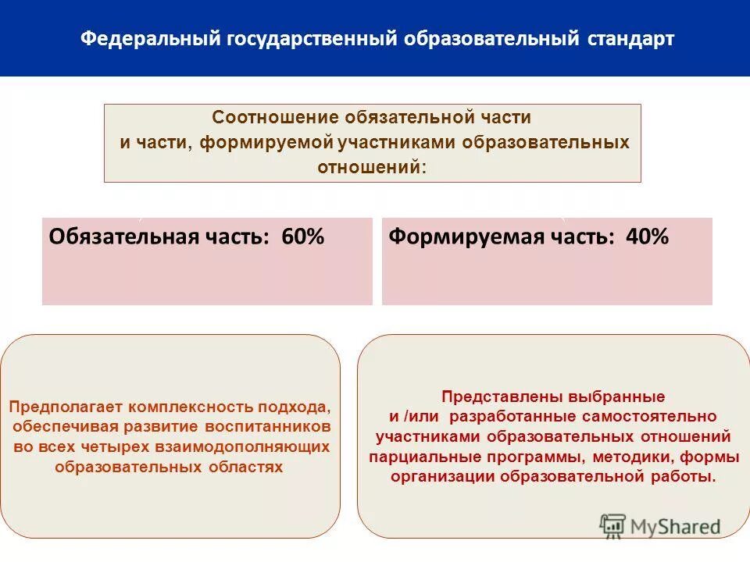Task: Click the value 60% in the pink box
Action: [x=303, y=237]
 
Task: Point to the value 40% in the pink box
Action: [x=648, y=237]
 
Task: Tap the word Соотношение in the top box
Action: [x=274, y=118]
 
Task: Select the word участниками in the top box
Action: [x=401, y=143]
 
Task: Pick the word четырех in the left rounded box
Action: [x=127, y=447]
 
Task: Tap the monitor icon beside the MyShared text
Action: [x=613, y=525]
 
